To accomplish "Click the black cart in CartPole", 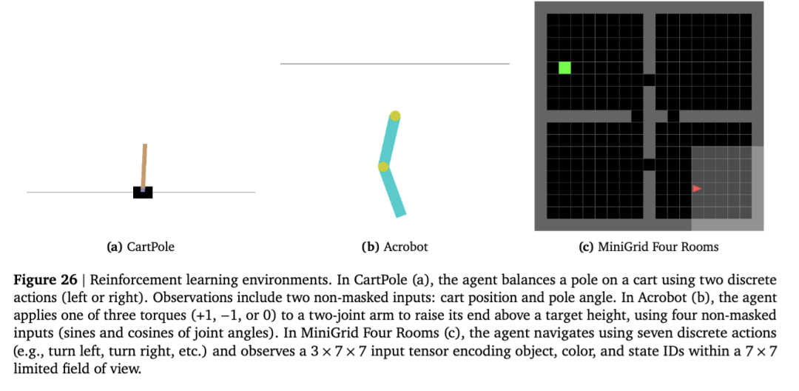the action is (143, 193).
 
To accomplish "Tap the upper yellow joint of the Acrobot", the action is (395, 116).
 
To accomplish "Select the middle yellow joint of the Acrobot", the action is (383, 167).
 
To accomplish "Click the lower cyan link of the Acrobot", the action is (394, 192).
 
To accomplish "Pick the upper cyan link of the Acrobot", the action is (389, 141).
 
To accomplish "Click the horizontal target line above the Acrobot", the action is (394, 64).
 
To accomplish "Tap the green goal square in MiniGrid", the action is (564, 68).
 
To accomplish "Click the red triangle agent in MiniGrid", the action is (696, 189).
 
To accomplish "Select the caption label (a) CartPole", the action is (141, 247).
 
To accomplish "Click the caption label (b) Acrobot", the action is (394, 247).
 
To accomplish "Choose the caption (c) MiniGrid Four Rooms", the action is (648, 247).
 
